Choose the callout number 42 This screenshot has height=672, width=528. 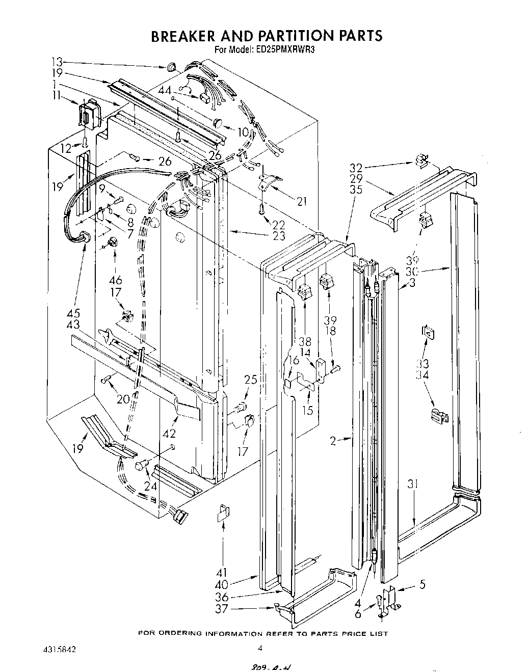(x=169, y=434)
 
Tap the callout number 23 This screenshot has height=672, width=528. (x=278, y=236)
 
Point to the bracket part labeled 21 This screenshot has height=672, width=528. (x=269, y=180)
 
